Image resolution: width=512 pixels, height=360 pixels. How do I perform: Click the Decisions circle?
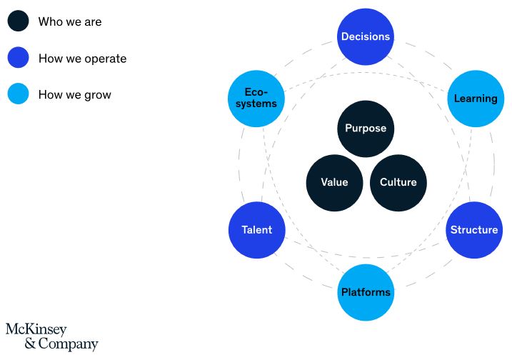click(x=366, y=36)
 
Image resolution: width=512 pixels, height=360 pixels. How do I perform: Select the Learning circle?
click(x=476, y=99)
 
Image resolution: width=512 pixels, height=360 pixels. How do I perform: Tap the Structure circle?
click(x=474, y=230)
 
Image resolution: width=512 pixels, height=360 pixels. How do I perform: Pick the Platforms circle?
click(x=366, y=292)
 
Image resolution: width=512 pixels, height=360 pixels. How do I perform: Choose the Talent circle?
click(x=257, y=230)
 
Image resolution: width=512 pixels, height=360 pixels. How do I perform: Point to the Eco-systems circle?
click(x=256, y=99)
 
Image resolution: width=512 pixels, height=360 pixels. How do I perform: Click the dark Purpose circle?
click(x=366, y=129)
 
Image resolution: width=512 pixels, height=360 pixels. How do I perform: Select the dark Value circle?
click(x=334, y=183)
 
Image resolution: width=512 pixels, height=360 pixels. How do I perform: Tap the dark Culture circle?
click(x=398, y=183)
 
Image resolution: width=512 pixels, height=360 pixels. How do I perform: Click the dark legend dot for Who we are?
click(x=19, y=21)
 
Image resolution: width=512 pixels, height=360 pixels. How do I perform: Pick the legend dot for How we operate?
click(x=19, y=57)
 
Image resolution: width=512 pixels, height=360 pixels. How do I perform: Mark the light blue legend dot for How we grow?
click(x=19, y=94)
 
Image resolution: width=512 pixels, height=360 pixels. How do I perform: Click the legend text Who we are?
click(x=70, y=21)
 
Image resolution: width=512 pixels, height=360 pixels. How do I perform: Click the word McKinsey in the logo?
click(x=36, y=329)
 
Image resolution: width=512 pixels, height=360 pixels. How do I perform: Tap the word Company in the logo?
click(x=69, y=344)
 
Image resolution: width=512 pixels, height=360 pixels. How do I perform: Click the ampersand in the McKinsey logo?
click(x=30, y=344)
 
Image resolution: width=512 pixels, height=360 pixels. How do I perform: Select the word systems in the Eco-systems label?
click(x=256, y=104)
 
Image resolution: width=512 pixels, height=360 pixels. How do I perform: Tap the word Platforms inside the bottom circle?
click(x=366, y=292)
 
